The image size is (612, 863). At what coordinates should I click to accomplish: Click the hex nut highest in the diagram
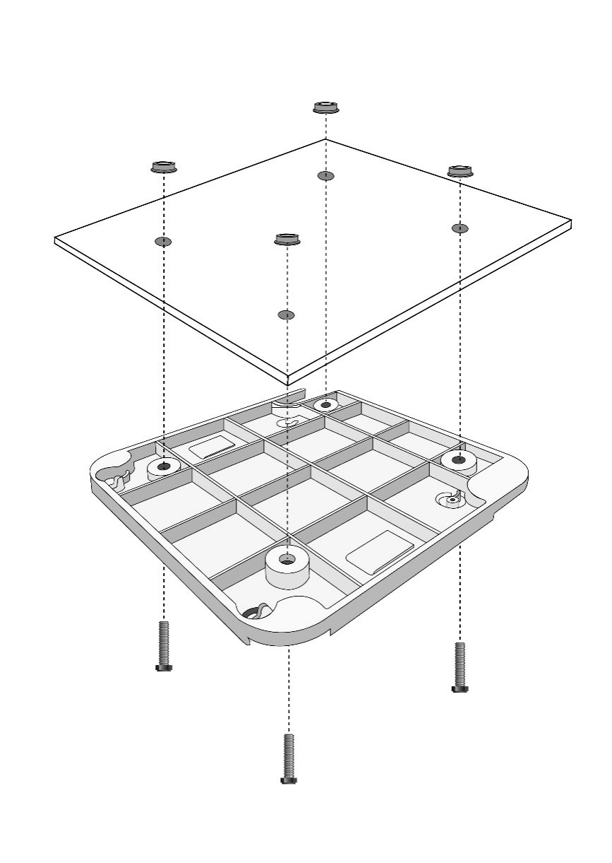pos(325,108)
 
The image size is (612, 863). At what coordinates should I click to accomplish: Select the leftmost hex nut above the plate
pos(163,168)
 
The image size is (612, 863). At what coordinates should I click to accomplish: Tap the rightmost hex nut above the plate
pos(460,171)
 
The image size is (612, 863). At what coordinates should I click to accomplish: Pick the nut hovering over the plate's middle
pos(287,240)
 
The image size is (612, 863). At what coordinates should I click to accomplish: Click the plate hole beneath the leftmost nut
pos(163,242)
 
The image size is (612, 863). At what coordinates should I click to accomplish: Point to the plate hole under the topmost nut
pos(325,175)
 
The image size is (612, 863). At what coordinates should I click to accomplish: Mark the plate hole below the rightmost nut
pos(460,228)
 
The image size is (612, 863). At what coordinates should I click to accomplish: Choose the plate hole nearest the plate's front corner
pos(287,315)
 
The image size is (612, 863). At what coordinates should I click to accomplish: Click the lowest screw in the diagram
pos(288,758)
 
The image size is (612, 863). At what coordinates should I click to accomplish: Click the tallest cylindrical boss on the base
pos(287,565)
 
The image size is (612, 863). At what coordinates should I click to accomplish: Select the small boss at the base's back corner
pos(325,405)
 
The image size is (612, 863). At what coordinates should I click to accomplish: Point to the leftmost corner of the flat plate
pos(55,240)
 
